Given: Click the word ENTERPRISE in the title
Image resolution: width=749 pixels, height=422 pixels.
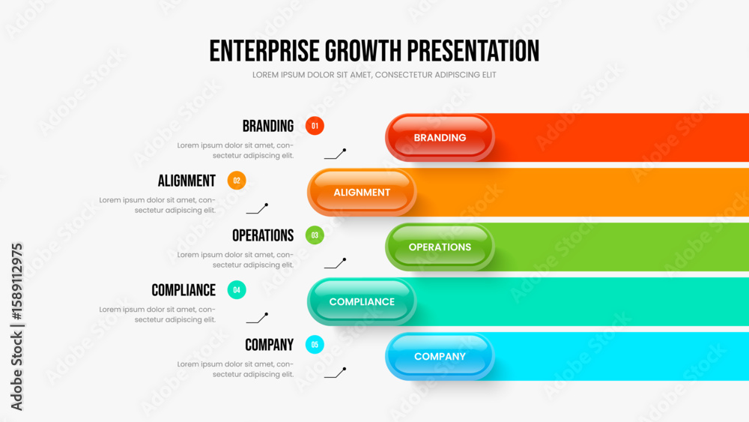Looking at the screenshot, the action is click(264, 51).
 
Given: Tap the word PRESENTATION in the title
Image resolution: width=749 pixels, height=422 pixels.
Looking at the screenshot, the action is click(473, 51).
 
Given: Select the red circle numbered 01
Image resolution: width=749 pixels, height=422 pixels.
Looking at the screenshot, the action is click(315, 126).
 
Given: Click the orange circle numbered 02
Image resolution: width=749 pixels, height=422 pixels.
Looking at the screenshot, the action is click(237, 181).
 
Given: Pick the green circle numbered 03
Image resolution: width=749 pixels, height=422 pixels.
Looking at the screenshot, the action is click(315, 235).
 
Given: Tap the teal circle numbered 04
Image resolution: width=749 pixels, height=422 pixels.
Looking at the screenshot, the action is click(237, 289).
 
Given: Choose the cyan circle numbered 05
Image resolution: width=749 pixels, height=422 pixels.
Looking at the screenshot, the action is click(315, 345).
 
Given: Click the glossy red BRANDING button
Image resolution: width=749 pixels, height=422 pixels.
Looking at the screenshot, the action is click(440, 138).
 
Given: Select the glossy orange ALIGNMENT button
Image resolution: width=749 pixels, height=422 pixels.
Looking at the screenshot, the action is click(362, 192).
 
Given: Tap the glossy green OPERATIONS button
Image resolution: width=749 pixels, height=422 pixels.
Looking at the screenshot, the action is click(440, 247).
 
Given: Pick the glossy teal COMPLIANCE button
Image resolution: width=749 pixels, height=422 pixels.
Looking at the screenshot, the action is click(362, 301).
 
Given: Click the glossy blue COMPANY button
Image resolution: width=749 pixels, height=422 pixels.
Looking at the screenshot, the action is click(440, 357).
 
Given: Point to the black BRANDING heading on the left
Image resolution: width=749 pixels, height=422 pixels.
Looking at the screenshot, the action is click(268, 126).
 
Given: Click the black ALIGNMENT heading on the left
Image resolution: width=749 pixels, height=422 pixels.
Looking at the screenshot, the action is click(187, 181).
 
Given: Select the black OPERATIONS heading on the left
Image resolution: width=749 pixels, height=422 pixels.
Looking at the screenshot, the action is click(263, 235).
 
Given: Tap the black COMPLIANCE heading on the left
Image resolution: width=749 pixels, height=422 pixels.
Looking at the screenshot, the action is click(184, 290).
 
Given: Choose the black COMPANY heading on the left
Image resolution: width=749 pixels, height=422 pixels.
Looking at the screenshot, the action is click(270, 345).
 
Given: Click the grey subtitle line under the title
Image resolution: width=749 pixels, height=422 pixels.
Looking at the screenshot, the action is click(374, 74).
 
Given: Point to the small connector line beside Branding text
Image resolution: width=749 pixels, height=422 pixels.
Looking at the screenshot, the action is click(335, 154).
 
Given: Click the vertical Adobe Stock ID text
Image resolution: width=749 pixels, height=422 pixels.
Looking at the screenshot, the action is click(16, 326).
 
